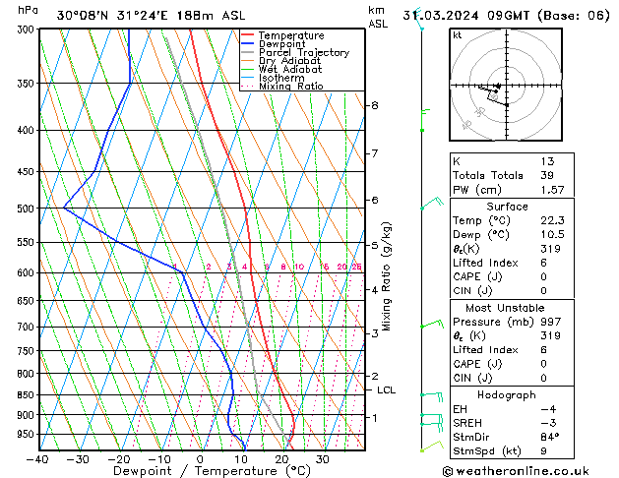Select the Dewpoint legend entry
tap(284, 44)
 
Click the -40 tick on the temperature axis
tap(38, 458)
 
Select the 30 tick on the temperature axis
tap(322, 458)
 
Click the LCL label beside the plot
tap(386, 390)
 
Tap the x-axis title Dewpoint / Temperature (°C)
tap(197, 471)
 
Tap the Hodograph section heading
tap(507, 395)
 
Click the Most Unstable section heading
tap(507, 307)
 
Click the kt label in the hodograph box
tap(457, 34)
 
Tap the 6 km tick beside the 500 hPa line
tap(374, 200)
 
